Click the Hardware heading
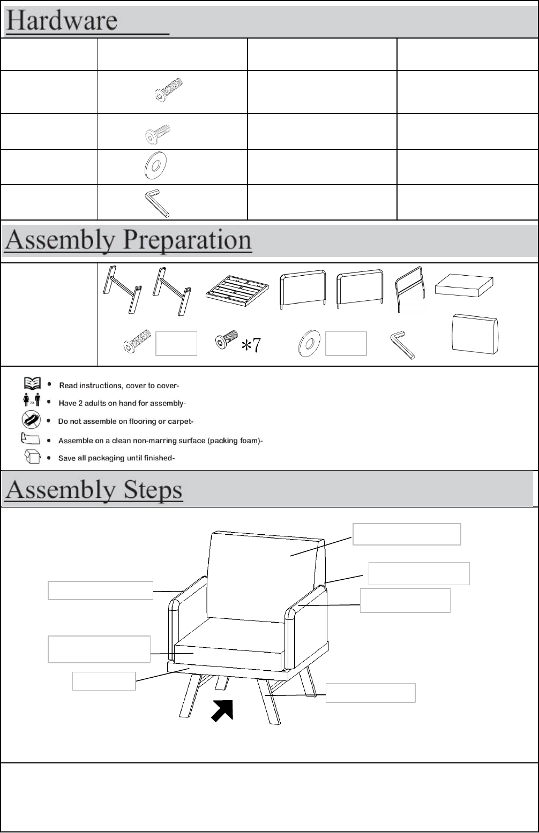click(62, 21)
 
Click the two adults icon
click(31, 402)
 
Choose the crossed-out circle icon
click(31, 420)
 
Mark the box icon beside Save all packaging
click(31, 457)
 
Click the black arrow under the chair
click(222, 711)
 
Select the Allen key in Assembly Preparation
click(402, 345)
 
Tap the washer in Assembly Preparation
click(308, 344)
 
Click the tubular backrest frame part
click(409, 289)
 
